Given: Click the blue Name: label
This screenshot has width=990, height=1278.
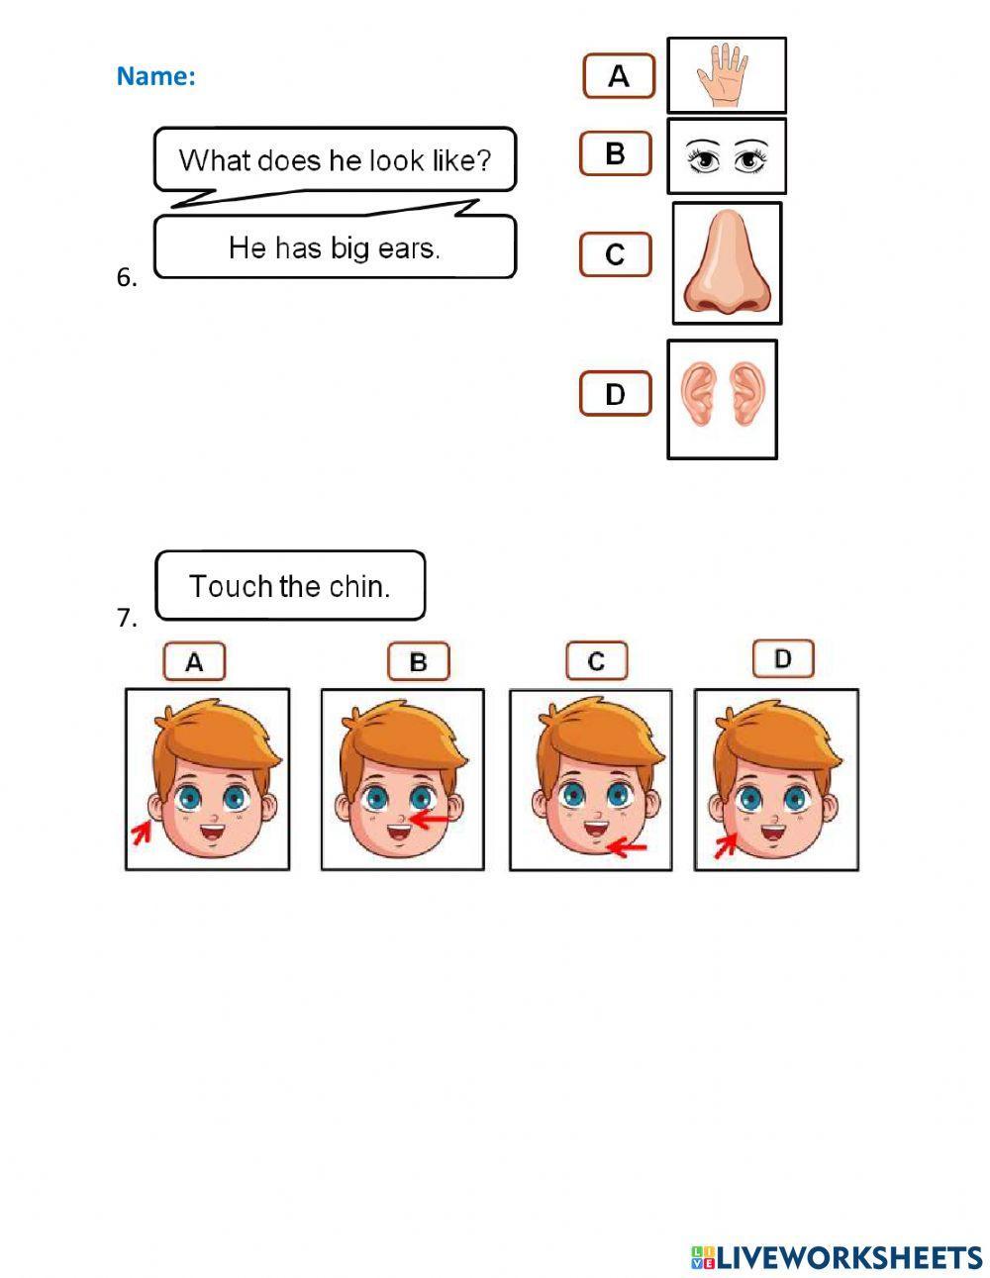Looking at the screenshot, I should [155, 76].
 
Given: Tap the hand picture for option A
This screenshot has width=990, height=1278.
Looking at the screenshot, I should [726, 75].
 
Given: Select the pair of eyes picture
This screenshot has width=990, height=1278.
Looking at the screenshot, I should [726, 156].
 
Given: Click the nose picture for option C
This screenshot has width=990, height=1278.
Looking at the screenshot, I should [726, 263].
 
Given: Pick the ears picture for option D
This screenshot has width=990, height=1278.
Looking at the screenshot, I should [722, 399].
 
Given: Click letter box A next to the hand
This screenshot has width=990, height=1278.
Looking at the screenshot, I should [619, 76].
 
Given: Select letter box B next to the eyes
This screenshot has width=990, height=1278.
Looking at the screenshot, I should [615, 153].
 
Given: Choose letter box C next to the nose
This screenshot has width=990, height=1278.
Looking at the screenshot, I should [615, 254].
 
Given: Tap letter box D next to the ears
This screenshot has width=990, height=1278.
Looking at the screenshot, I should [615, 394].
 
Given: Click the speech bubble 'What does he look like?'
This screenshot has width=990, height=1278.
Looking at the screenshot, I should [335, 159].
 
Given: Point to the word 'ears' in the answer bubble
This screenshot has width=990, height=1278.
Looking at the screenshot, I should [408, 247].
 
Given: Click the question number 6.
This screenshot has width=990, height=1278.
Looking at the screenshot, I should [126, 278].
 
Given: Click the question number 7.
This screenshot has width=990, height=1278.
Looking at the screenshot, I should [126, 619].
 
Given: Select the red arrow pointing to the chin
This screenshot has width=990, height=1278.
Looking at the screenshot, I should [626, 846].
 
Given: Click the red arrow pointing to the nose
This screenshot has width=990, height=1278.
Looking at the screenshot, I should [429, 819].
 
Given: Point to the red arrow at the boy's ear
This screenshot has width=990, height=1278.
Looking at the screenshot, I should [143, 834].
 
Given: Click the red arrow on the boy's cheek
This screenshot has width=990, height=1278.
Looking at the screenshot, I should [727, 844].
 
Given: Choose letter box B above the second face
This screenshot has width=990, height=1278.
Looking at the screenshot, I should [418, 662].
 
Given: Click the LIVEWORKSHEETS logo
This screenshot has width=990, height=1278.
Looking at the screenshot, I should [836, 1257].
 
